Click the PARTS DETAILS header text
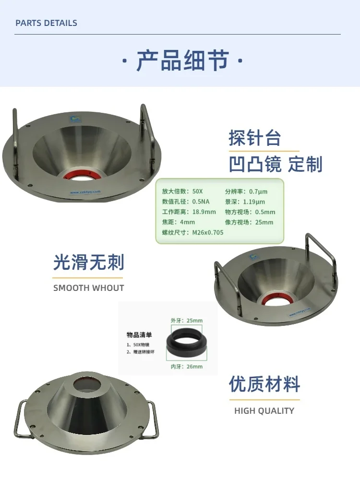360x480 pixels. [46, 23]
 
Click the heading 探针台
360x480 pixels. [254, 139]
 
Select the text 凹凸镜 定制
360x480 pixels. [276, 164]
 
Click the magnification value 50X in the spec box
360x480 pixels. [197, 191]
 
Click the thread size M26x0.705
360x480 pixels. [207, 232]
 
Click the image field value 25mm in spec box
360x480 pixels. [264, 222]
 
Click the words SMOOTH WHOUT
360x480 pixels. [88, 288]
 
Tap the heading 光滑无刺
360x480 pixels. [88, 263]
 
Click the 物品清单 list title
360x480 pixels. [139, 335]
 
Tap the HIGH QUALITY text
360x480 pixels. [264, 411]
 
